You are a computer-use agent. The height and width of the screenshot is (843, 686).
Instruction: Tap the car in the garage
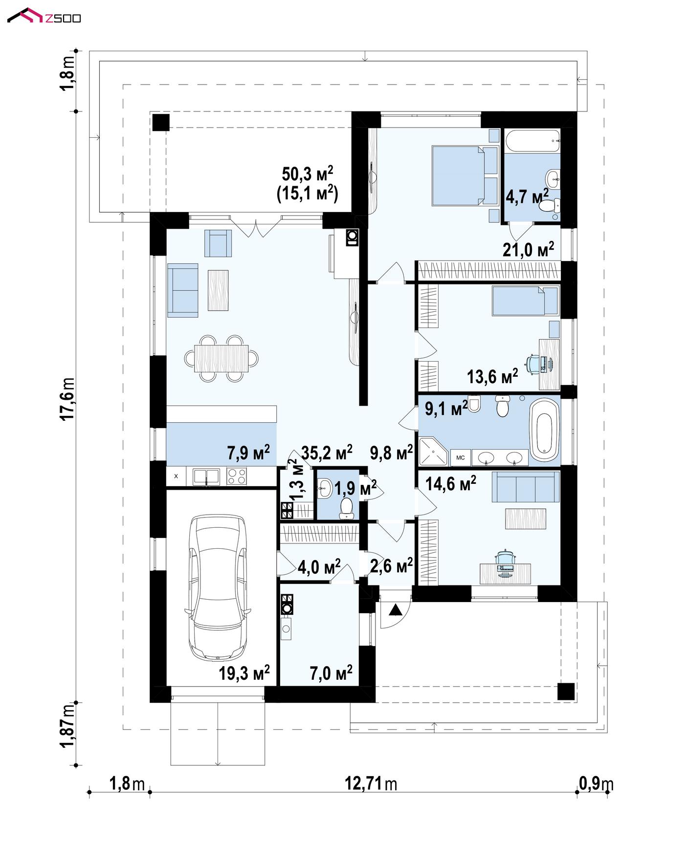click(x=218, y=586)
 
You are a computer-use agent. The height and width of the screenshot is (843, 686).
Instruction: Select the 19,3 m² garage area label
click(x=244, y=673)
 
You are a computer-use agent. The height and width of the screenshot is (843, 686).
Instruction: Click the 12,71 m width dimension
click(x=371, y=784)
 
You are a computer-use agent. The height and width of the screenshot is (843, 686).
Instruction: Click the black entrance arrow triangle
click(x=396, y=609)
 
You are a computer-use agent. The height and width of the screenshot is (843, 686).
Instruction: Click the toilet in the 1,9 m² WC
click(x=347, y=508)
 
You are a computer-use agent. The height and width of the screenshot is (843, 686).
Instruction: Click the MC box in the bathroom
click(x=461, y=457)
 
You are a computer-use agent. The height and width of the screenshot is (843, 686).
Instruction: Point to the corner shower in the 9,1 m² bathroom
click(x=434, y=451)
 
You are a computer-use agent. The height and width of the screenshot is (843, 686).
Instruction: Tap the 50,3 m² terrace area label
click(x=308, y=174)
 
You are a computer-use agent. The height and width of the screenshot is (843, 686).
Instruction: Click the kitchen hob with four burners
click(x=237, y=476)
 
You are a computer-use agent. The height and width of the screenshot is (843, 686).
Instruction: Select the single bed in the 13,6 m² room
click(x=525, y=301)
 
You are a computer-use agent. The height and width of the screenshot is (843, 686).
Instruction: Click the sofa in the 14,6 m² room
click(x=526, y=487)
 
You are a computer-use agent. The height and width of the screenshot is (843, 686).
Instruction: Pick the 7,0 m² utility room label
click(x=331, y=673)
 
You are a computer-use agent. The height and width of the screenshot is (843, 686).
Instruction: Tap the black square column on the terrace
click(x=160, y=122)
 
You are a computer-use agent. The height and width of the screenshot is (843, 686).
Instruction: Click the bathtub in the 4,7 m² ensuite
click(x=532, y=141)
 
